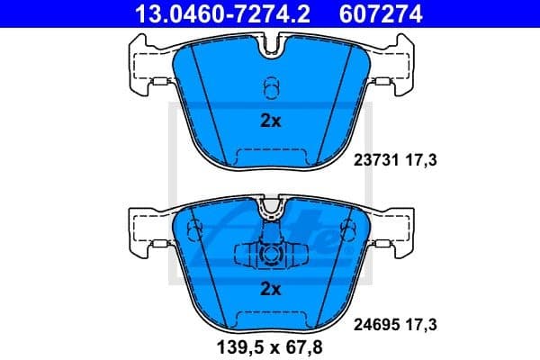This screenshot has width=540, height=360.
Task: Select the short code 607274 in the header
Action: pos(373,13)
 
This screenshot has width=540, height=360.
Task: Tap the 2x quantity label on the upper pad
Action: pos(270,121)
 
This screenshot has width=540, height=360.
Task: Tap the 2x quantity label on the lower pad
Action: pos(270,289)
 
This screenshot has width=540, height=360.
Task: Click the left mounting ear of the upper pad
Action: pos(144,65)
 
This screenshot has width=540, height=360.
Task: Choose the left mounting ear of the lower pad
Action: pos(144,229)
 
